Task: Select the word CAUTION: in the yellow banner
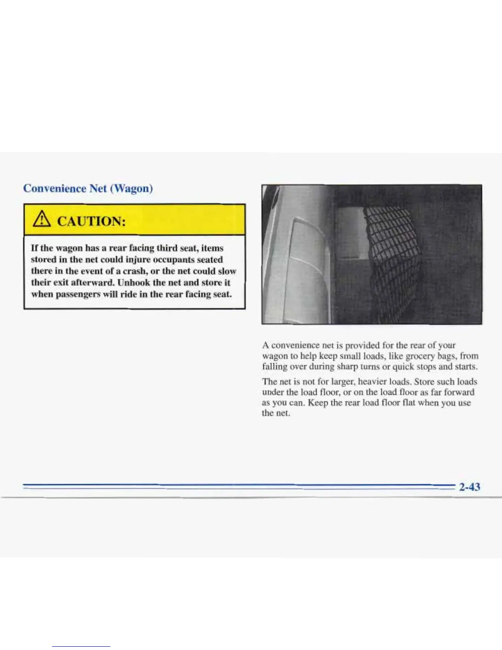(91, 222)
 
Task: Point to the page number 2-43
(470, 487)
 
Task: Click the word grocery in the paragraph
(413, 356)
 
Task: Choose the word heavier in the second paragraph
(372, 382)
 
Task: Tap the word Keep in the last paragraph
(318, 403)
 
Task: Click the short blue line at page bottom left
(81, 646)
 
